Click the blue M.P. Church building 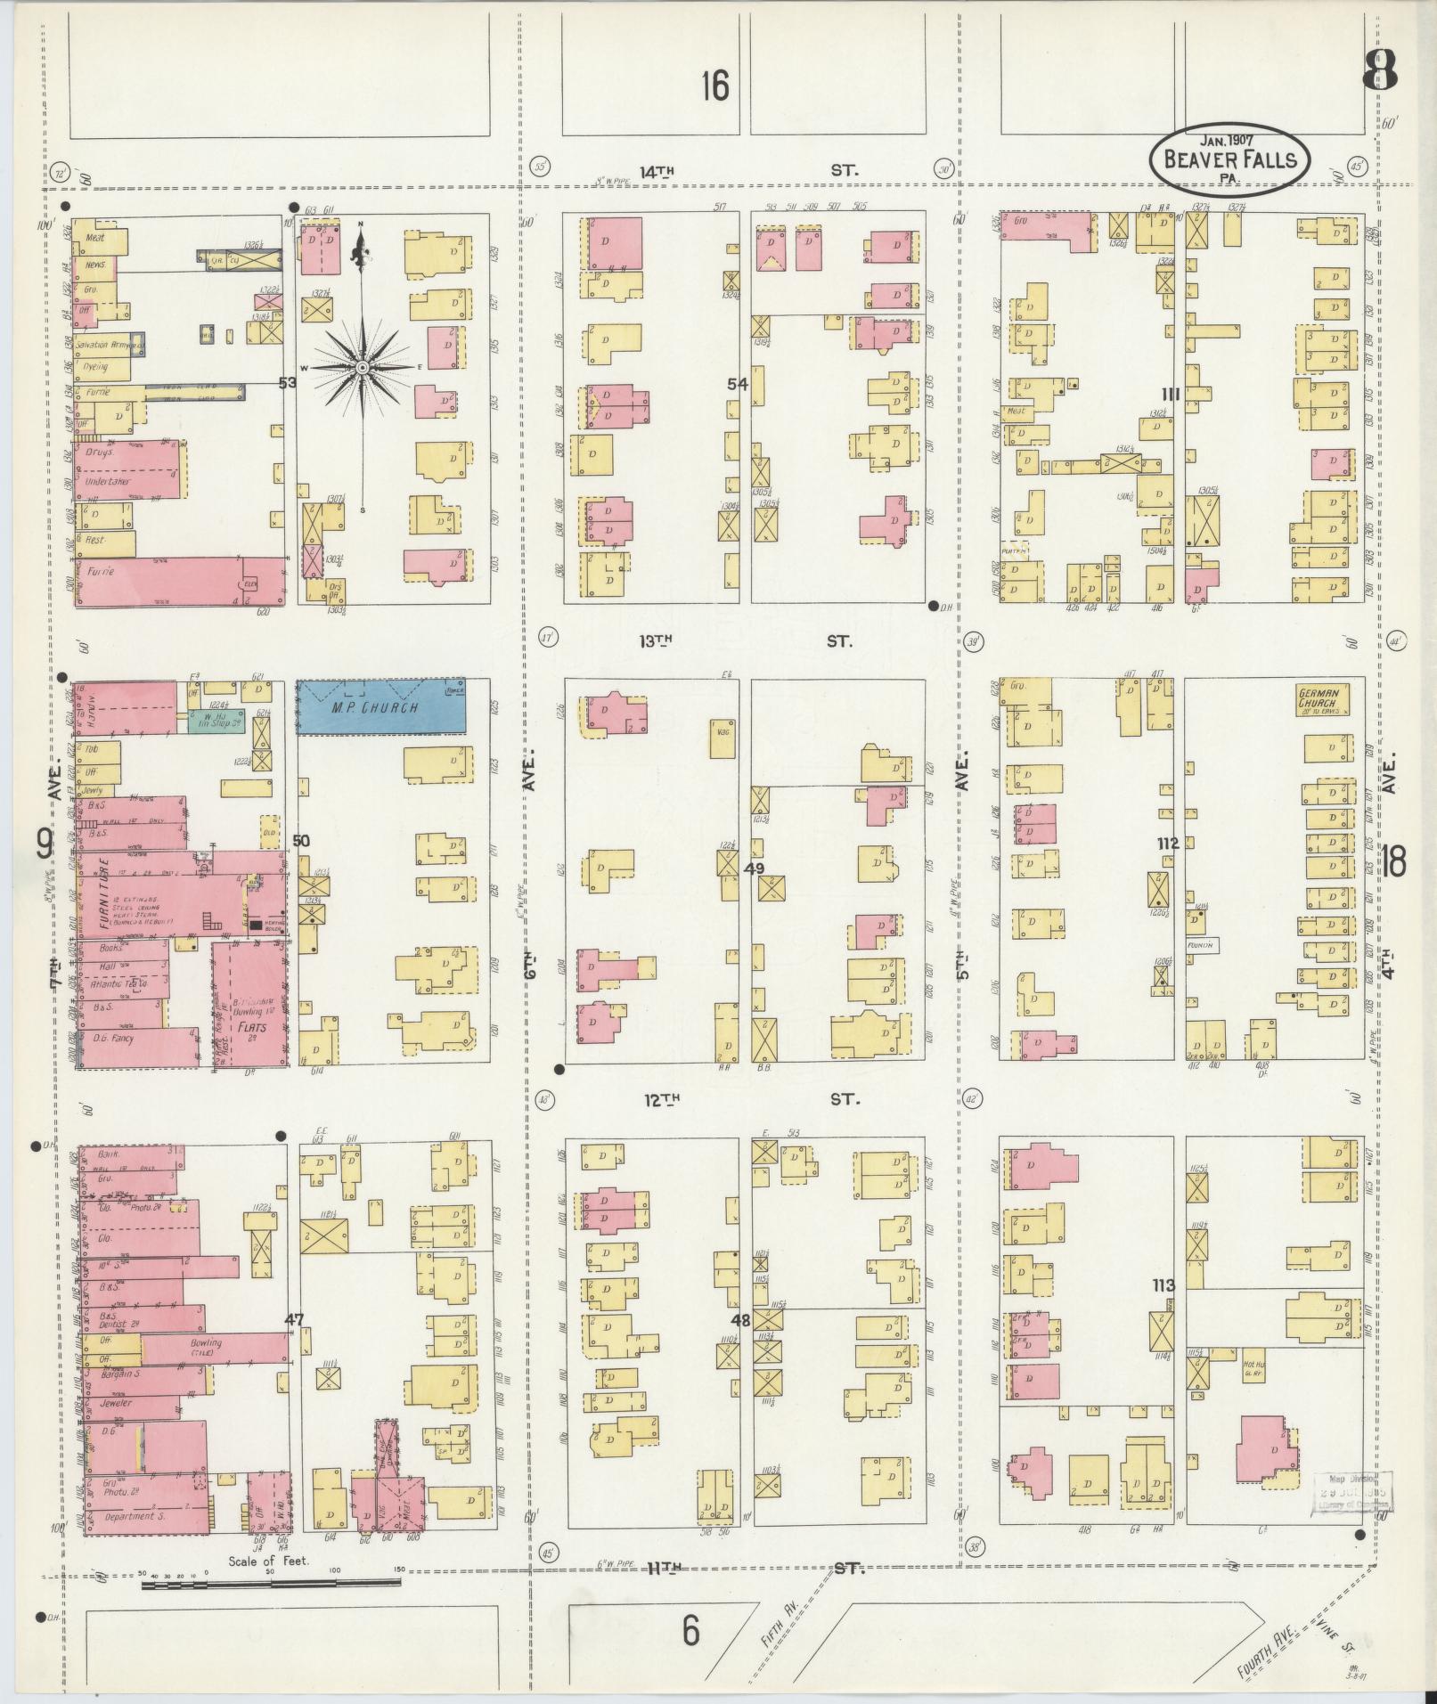381,707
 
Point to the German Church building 1322,698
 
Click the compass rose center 362,367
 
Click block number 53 287,383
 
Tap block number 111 1170,394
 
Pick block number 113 1163,1285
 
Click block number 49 755,868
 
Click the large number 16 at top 714,87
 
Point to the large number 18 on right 1393,862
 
